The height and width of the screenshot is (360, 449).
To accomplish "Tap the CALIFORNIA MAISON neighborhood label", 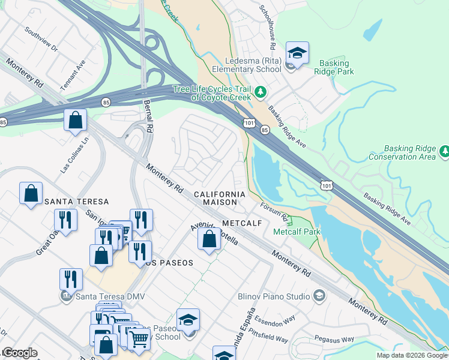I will coord(220,199).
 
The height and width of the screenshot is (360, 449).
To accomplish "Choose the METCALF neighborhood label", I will coord(243,223).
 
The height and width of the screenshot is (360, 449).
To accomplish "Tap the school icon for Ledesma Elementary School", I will coord(297,54).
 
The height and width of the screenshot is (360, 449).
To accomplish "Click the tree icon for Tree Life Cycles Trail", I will coord(261,92).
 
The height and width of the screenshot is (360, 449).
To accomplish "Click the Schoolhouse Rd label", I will coord(267,27).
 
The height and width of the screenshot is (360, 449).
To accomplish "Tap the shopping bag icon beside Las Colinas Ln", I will coord(76,120).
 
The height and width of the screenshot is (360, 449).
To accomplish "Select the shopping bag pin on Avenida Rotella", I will coord(208,240).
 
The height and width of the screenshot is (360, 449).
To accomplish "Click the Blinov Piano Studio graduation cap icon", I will coord(319,295).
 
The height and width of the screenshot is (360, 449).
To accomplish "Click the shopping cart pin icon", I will coord(139,340).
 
